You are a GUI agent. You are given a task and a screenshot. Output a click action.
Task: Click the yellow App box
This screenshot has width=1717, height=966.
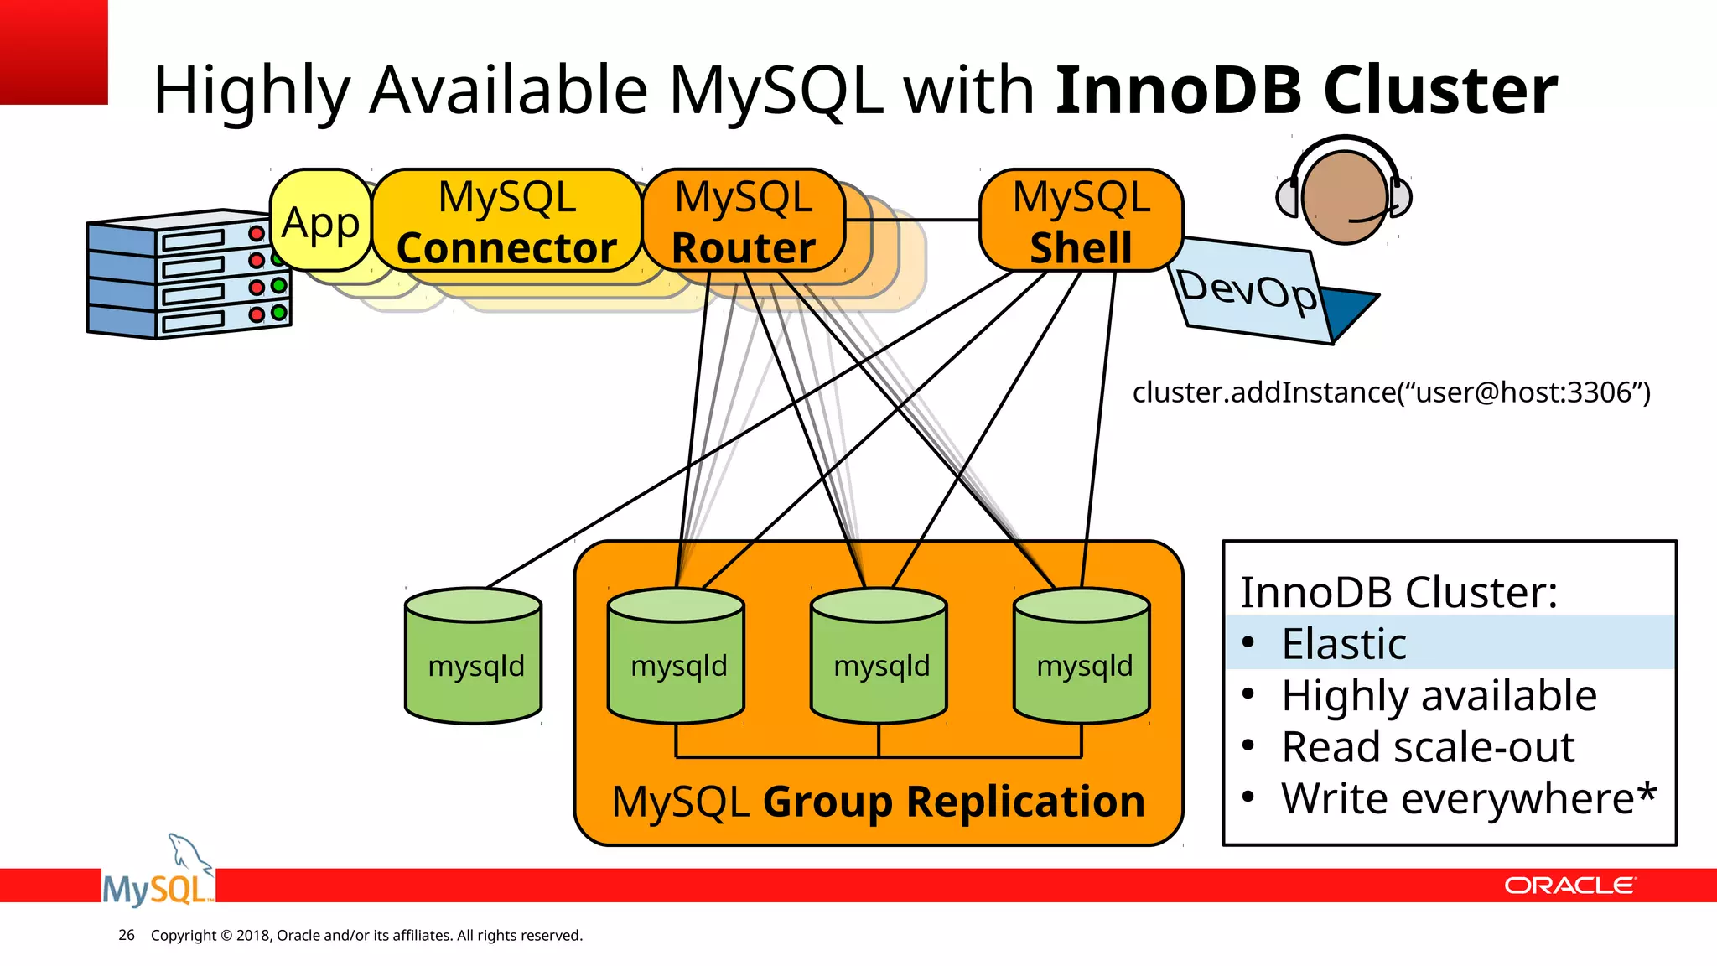(320, 221)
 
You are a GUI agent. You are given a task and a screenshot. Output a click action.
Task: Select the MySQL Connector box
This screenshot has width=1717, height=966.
(506, 221)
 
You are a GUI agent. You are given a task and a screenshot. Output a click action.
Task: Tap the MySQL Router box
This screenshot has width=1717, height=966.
(743, 221)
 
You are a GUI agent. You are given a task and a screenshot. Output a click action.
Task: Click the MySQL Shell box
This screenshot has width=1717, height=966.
(1081, 221)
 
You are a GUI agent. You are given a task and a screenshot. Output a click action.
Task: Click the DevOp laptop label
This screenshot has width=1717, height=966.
(1247, 291)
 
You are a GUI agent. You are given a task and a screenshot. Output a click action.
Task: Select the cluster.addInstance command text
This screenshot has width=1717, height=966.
(1391, 392)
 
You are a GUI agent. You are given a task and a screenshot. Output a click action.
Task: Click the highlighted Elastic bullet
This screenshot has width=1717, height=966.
(1344, 644)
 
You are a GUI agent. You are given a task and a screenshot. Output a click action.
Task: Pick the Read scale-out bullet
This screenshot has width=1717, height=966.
(1428, 747)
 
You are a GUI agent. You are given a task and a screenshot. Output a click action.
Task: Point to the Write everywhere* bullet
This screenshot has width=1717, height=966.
(1468, 798)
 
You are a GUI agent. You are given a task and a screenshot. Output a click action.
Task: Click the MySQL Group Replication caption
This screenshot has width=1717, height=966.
(878, 802)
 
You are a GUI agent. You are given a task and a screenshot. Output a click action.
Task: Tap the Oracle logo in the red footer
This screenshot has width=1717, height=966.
(1569, 885)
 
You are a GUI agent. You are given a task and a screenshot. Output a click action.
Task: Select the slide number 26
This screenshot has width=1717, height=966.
(127, 935)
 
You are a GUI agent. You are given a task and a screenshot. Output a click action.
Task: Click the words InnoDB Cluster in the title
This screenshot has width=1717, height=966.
(1305, 91)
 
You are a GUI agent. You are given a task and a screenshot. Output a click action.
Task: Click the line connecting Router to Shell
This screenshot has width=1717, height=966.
(912, 220)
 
